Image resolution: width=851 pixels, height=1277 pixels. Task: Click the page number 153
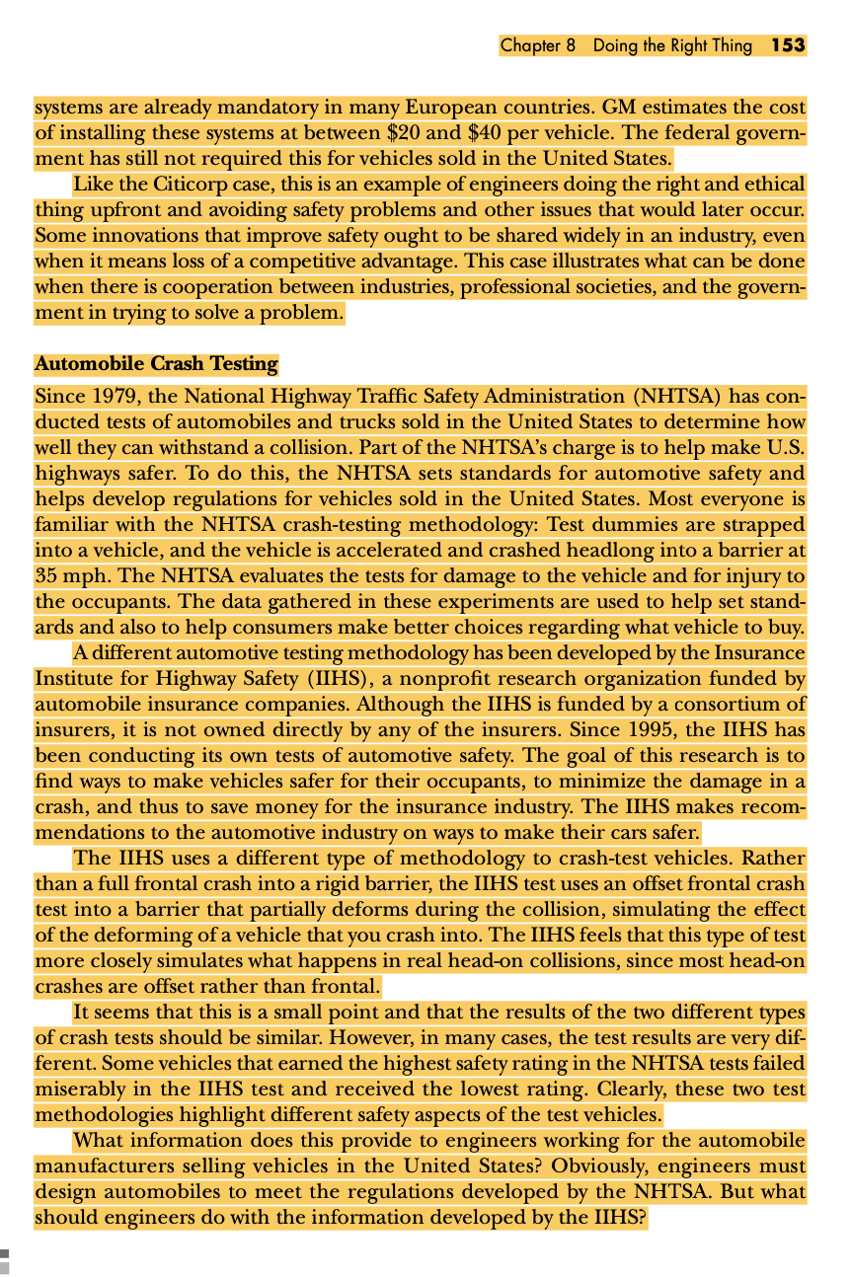point(788,45)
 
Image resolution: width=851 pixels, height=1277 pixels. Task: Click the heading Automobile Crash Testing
point(156,364)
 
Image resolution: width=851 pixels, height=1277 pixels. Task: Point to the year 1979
point(98,397)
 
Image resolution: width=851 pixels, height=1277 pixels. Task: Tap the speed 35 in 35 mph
point(46,577)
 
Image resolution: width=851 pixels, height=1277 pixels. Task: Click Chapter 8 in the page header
point(537,45)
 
